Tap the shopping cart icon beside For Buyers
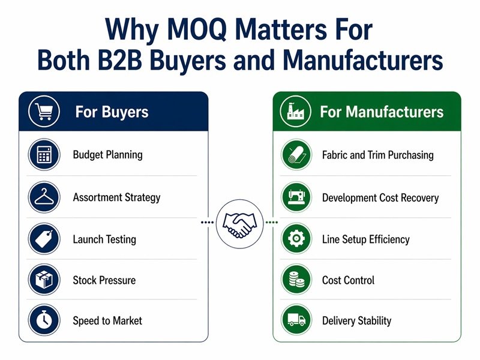[43, 112]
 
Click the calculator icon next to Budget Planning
[44, 155]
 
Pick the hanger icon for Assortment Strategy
[44, 197]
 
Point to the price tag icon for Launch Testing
[44, 239]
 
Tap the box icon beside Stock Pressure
[44, 280]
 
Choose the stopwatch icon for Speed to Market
[44, 320]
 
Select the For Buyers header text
[112, 112]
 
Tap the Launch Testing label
[104, 239]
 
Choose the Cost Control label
[348, 280]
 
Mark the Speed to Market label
[107, 320]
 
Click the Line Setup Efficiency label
[365, 239]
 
